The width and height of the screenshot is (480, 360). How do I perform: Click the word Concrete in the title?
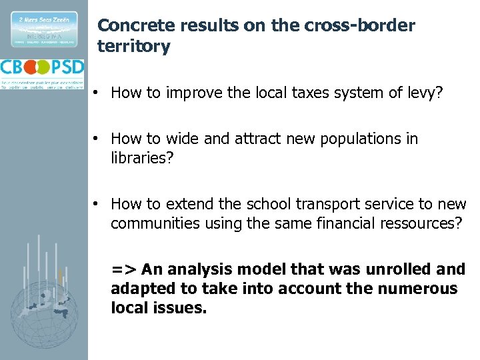[x=130, y=26]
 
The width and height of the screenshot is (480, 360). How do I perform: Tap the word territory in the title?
[x=133, y=46]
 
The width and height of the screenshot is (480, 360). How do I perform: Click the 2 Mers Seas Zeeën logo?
[x=43, y=29]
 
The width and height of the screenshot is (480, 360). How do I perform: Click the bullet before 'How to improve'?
[x=97, y=93]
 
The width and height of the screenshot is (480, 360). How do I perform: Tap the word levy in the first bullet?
[x=423, y=93]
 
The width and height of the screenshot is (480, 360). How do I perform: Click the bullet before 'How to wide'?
[x=97, y=139]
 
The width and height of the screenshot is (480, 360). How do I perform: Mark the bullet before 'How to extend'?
[x=97, y=203]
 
